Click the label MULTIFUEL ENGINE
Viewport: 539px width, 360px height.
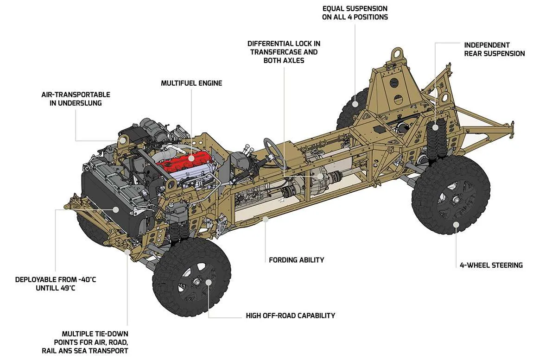pos(191,83)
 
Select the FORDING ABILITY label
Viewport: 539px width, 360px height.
pos(297,260)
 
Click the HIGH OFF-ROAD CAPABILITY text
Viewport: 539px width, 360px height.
pos(291,316)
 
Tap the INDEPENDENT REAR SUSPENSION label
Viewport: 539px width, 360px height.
pos(494,49)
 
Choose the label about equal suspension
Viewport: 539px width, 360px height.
pos(355,13)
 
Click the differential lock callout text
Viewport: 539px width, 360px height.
pos(284,51)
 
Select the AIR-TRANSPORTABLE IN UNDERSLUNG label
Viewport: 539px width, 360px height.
pos(76,99)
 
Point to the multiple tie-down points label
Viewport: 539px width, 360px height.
pos(95,342)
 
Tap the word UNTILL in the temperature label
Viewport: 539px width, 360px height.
pos(49,288)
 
